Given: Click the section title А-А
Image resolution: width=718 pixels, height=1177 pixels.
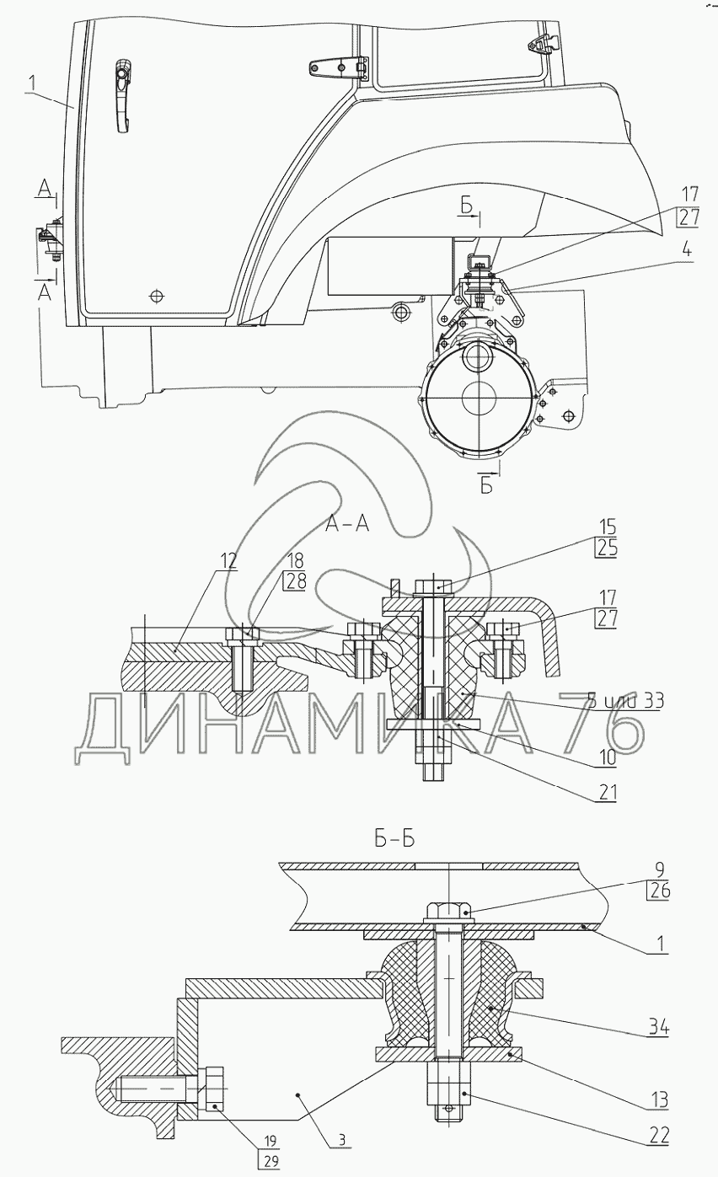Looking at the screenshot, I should [347, 525].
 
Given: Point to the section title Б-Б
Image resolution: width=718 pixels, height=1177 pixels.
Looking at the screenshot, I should [394, 840].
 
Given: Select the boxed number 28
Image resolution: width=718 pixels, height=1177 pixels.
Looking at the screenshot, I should [296, 581].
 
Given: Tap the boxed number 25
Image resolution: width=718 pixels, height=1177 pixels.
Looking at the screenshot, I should [606, 548].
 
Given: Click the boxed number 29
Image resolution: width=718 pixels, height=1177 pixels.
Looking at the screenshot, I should [269, 1160].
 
